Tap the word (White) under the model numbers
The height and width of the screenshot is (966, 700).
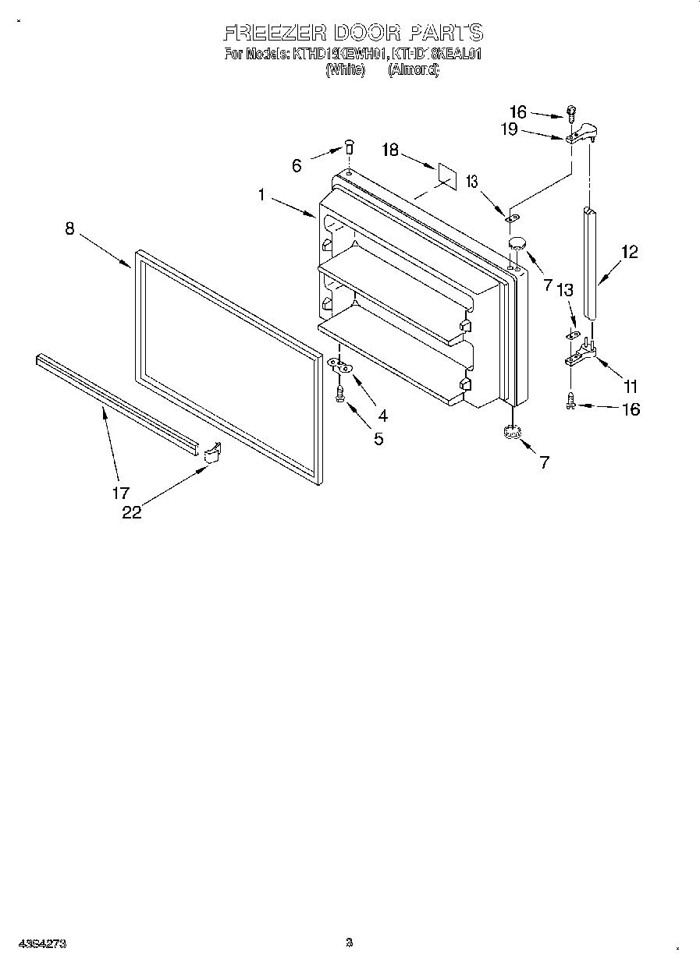point(345,69)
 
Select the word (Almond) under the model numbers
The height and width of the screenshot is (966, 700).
point(414,69)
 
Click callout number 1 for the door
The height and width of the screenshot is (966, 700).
point(263,195)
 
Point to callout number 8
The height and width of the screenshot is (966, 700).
point(69,228)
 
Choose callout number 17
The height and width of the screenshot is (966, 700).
point(120,493)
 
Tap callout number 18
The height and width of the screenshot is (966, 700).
point(390,150)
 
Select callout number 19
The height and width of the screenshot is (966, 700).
point(509,129)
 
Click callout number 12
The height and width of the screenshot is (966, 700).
point(629,252)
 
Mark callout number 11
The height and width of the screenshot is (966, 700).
point(631,385)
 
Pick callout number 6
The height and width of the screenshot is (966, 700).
point(297,165)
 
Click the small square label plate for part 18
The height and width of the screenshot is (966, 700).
point(444,175)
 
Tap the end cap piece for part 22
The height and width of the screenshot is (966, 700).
point(211,453)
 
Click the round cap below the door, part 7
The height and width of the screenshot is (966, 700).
point(512,433)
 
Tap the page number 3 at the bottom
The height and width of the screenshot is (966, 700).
point(350,943)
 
